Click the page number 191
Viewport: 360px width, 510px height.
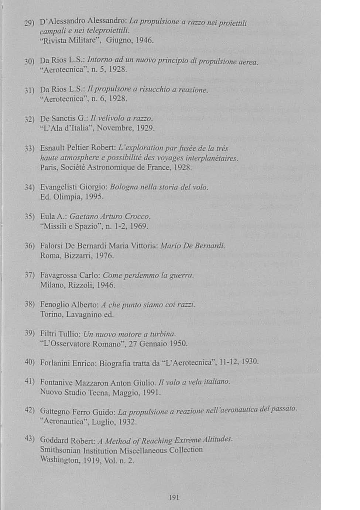[174, 497]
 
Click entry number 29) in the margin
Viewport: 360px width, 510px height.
[29, 24]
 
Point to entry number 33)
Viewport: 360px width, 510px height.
[29, 149]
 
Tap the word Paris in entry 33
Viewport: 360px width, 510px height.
[49, 168]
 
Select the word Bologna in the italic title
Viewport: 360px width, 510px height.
[124, 187]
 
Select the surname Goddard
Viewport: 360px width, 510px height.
[54, 440]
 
